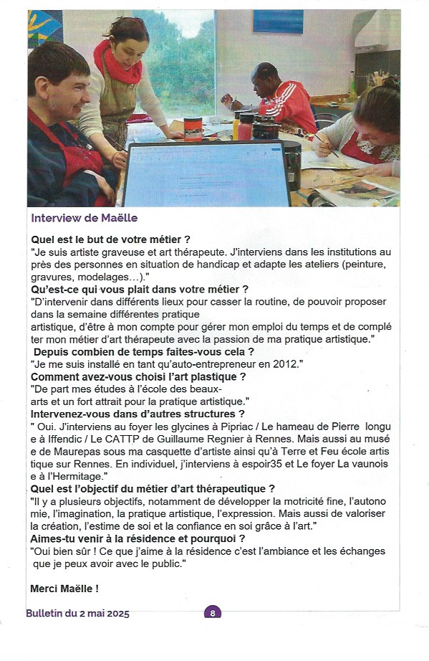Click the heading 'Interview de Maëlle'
tap(84, 218)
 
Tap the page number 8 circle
tap(213, 613)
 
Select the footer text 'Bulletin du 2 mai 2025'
tap(77, 613)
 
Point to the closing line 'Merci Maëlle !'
tap(64, 589)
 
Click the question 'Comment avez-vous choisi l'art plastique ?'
tap(138, 376)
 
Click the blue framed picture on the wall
tap(277, 21)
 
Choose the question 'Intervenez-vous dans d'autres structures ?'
tap(138, 414)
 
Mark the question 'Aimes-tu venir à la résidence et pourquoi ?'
tap(138, 538)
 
